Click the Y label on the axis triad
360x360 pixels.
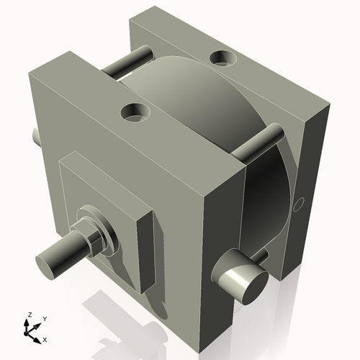tap(44, 318)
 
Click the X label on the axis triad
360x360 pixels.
tap(45, 338)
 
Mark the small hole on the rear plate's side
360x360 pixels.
tap(300, 204)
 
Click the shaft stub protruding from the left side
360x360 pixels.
tap(35, 135)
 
